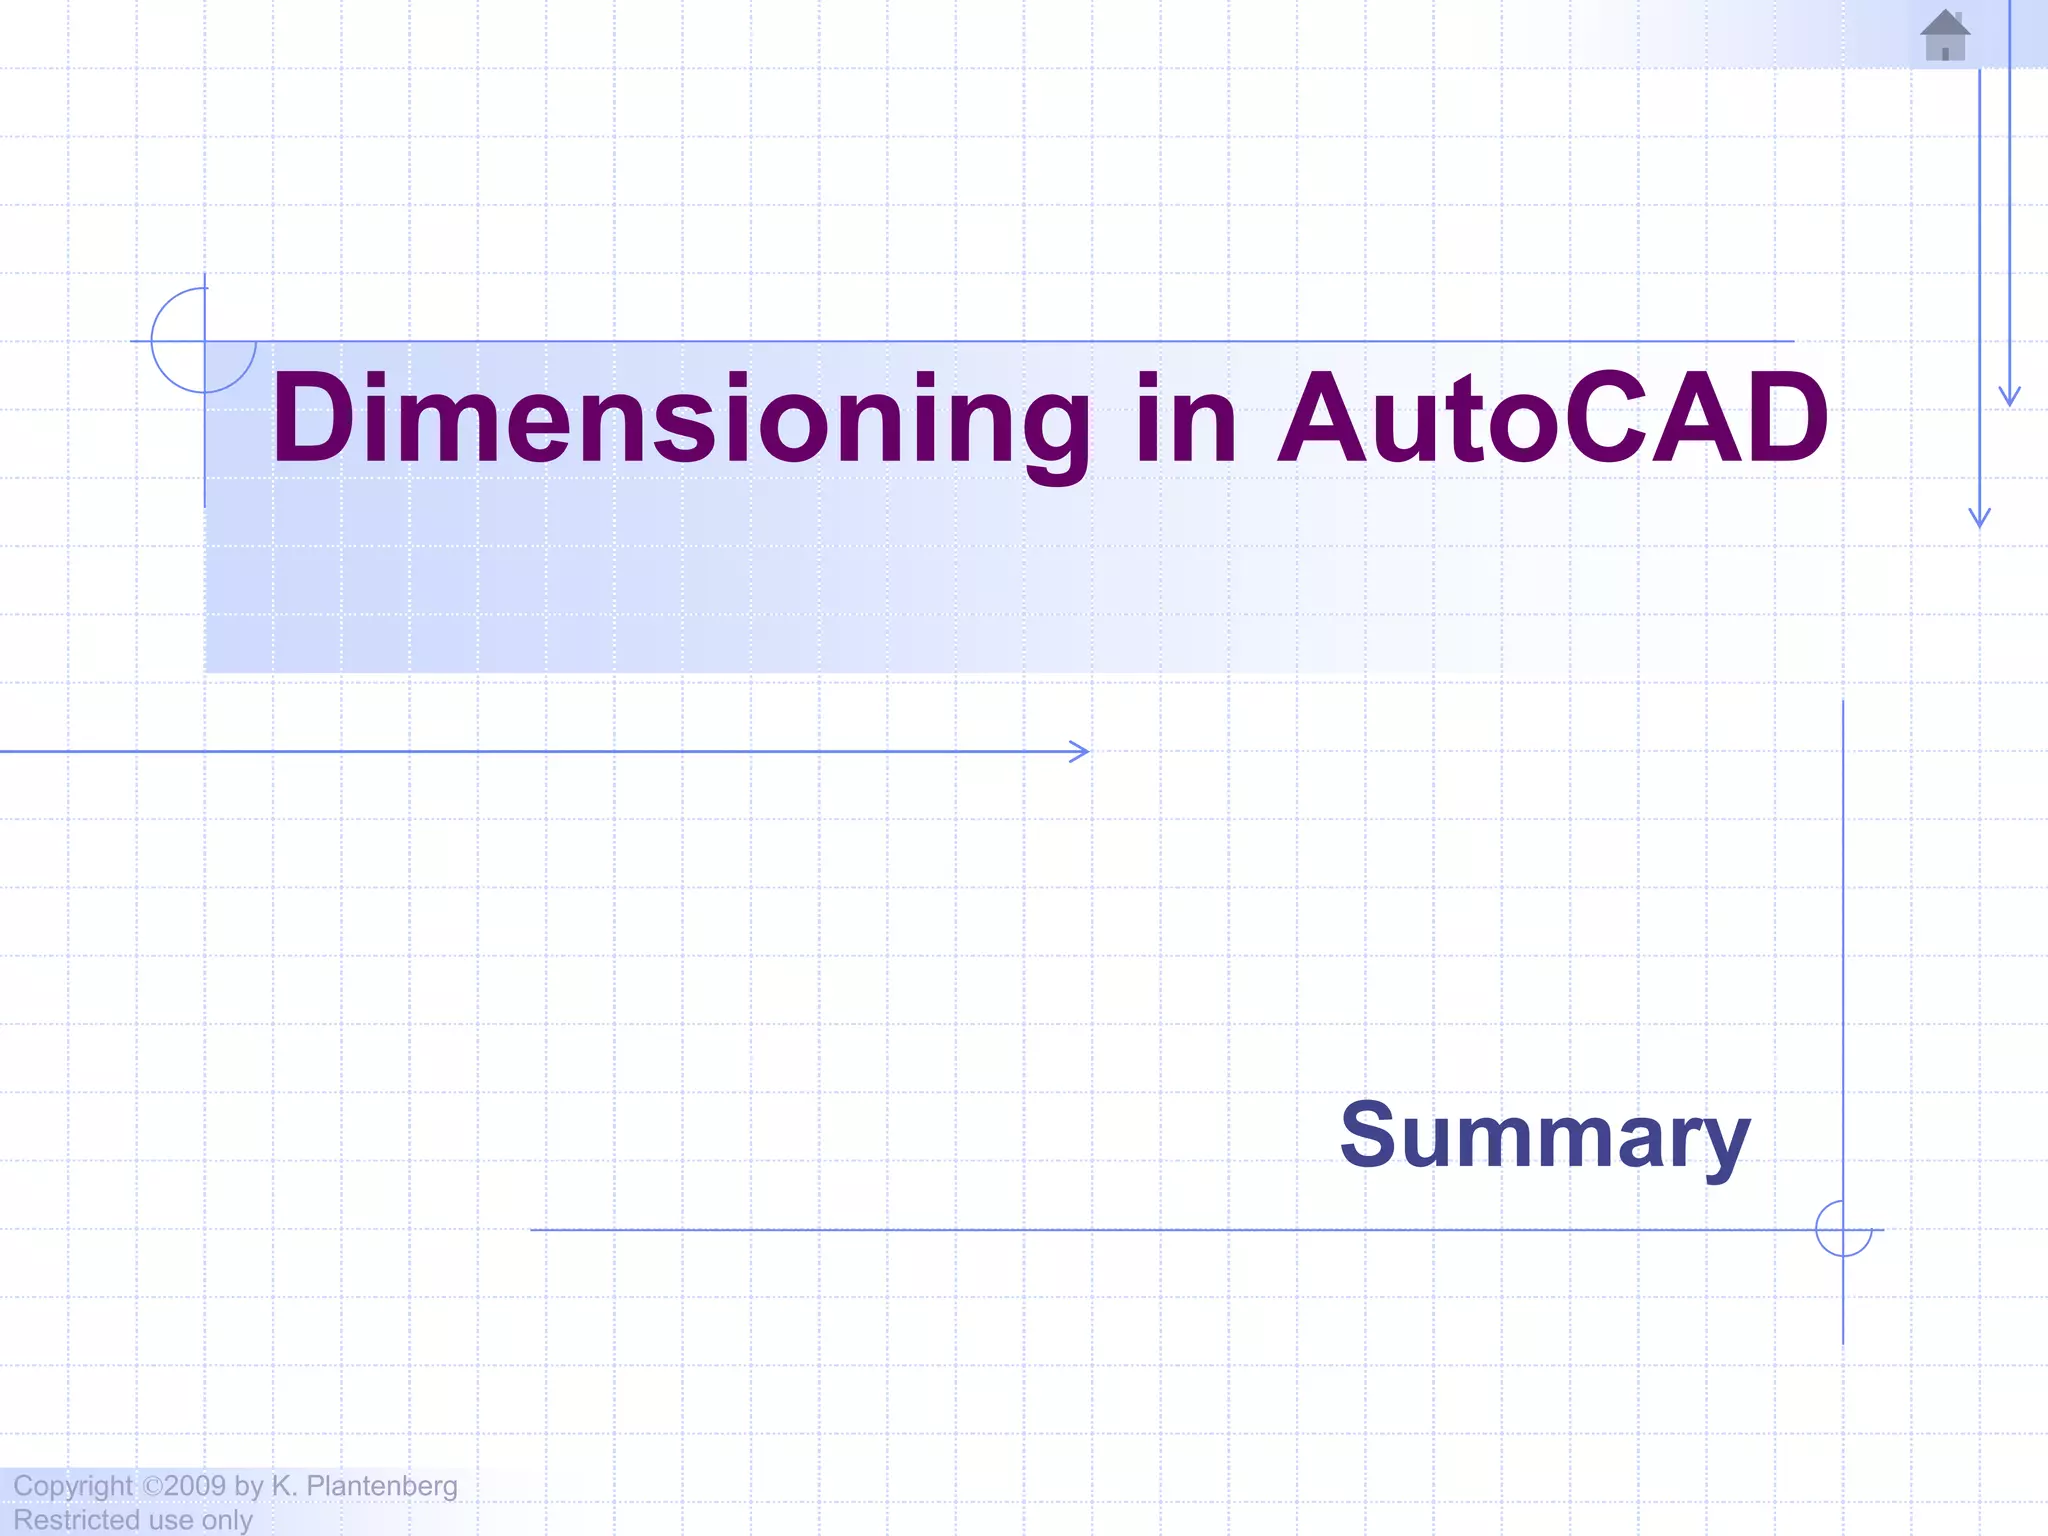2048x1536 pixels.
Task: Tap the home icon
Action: [1945, 35]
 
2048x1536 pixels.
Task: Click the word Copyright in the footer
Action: [72, 1486]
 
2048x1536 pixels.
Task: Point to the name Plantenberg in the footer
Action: [381, 1486]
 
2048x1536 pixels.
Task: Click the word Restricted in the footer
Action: [75, 1520]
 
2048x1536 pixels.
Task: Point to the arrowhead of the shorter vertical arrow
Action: [2010, 398]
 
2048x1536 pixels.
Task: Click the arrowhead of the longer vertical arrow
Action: [1980, 519]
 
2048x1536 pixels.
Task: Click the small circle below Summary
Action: [1843, 1229]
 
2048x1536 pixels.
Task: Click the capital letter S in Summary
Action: [1367, 1135]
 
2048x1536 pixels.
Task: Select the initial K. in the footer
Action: [284, 1486]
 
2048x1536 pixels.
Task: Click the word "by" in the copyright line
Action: [248, 1486]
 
